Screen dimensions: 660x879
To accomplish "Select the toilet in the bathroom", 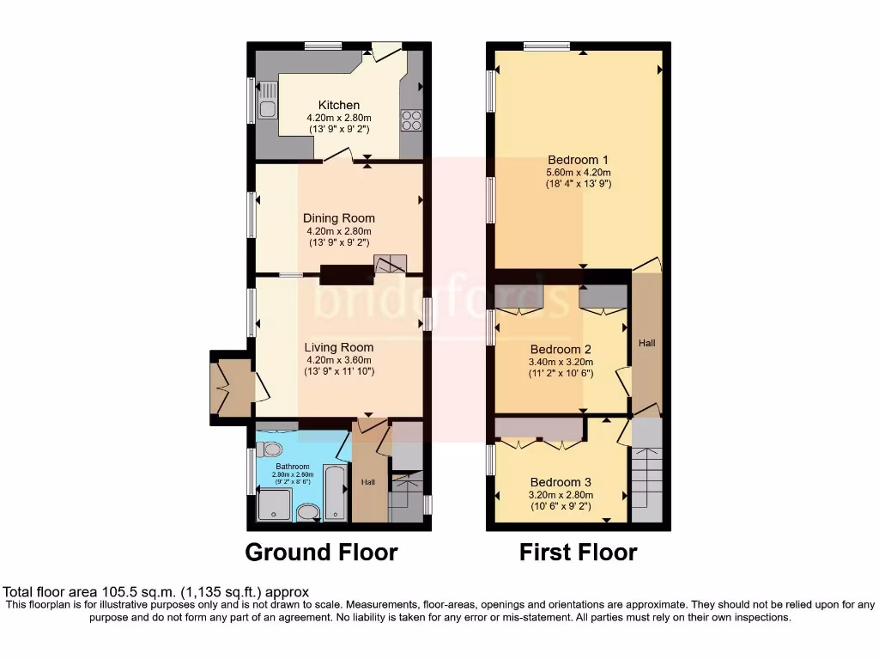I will click(270, 449).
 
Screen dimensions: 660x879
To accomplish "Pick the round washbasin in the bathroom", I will click(307, 513).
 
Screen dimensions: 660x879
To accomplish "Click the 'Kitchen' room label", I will click(339, 105).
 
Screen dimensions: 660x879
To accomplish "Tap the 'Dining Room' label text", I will click(339, 218).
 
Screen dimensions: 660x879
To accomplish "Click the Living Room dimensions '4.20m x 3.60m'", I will click(339, 360).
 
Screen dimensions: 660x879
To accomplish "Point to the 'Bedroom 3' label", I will click(560, 482).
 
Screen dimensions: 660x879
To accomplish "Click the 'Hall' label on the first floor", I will click(646, 343).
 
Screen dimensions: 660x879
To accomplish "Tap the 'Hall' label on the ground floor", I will click(367, 482).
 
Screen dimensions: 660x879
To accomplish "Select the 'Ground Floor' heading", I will click(321, 552).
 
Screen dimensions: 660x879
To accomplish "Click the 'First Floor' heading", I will click(578, 552).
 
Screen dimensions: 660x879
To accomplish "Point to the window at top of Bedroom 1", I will click(547, 46).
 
